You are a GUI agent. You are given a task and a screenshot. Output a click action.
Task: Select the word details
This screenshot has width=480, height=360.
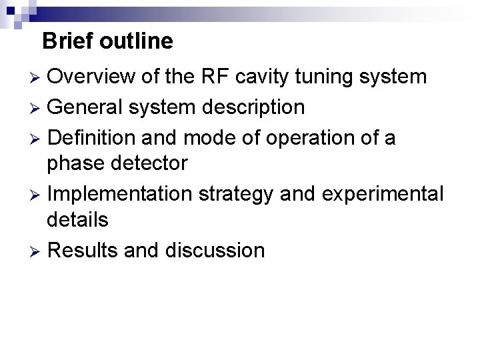78,219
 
